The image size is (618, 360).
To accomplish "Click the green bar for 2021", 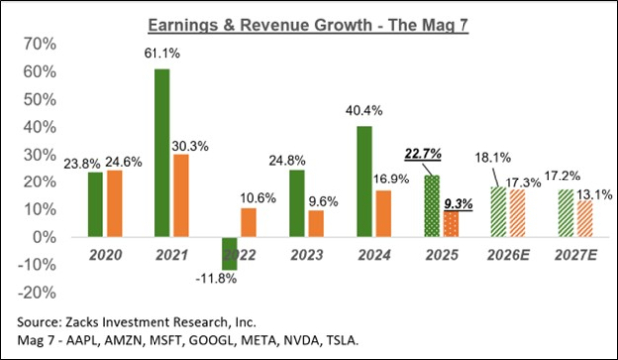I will coord(161,153).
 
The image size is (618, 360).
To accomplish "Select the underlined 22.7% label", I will coord(424,154).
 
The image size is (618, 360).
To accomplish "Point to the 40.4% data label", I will coord(363,115).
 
